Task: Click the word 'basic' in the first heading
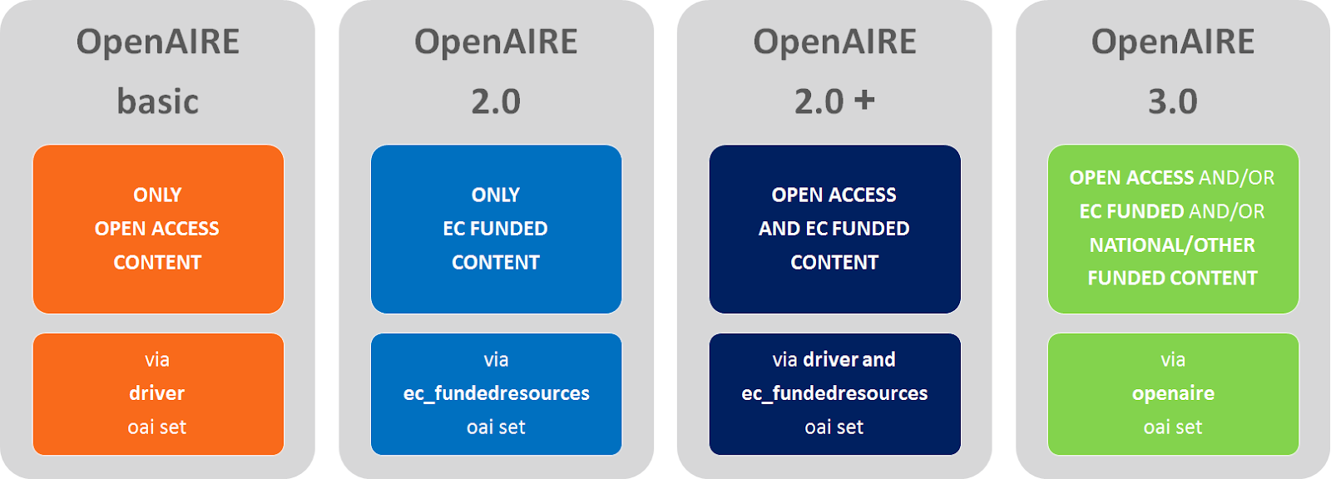(x=158, y=101)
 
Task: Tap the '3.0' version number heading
(x=1173, y=101)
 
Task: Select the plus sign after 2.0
(x=865, y=100)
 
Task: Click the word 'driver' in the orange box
(x=157, y=393)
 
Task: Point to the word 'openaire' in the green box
(x=1173, y=393)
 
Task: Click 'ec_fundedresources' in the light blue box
(x=497, y=393)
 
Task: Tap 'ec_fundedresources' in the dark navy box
(x=834, y=393)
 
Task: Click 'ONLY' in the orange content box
(x=157, y=195)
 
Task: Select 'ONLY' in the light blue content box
(x=496, y=195)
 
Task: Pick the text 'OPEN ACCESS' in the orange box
(x=157, y=229)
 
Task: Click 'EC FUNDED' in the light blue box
(x=496, y=229)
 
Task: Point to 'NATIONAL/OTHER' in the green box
(x=1172, y=245)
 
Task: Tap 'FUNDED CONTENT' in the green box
(x=1172, y=279)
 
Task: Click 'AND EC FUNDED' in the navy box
(x=834, y=229)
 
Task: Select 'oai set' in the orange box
(x=157, y=427)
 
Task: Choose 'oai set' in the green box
(x=1173, y=427)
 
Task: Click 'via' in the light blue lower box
(x=496, y=360)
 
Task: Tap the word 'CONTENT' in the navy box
(x=834, y=263)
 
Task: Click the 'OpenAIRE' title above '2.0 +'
(x=834, y=42)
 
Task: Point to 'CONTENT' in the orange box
(x=157, y=263)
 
